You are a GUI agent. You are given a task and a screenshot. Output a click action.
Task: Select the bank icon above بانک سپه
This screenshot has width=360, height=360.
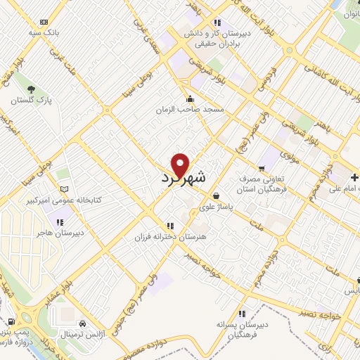[45, 22]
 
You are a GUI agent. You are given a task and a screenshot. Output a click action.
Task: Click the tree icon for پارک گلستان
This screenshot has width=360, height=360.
[31, 89]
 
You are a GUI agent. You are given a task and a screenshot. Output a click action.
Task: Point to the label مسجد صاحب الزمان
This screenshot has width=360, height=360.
[190, 110]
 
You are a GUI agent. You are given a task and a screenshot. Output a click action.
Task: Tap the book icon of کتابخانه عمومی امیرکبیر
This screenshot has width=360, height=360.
[65, 189]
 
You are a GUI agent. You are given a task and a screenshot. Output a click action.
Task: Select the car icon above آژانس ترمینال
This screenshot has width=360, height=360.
[84, 323]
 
